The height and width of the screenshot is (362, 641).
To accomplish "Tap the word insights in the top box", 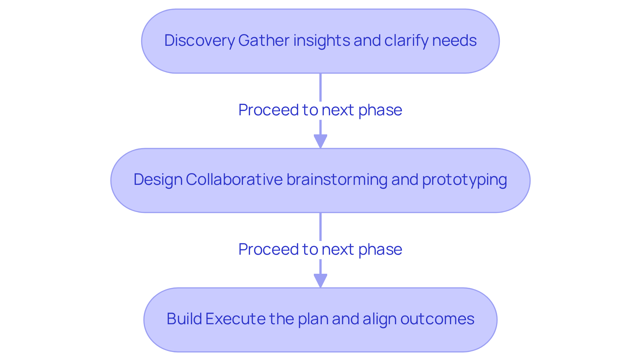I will pyautogui.click(x=322, y=41).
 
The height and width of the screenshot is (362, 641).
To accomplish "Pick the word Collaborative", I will pyautogui.click(x=234, y=180).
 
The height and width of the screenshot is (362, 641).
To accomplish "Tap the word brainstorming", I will pyautogui.click(x=337, y=180).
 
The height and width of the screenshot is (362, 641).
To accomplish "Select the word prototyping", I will pyautogui.click(x=464, y=180).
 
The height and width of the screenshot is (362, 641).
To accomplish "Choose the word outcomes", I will pyautogui.click(x=437, y=319).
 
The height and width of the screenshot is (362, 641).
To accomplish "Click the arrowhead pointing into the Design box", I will pyautogui.click(x=320, y=141).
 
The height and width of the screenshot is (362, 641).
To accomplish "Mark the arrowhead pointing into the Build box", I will pyautogui.click(x=320, y=280).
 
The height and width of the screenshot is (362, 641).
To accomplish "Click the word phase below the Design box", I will pyautogui.click(x=380, y=249).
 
